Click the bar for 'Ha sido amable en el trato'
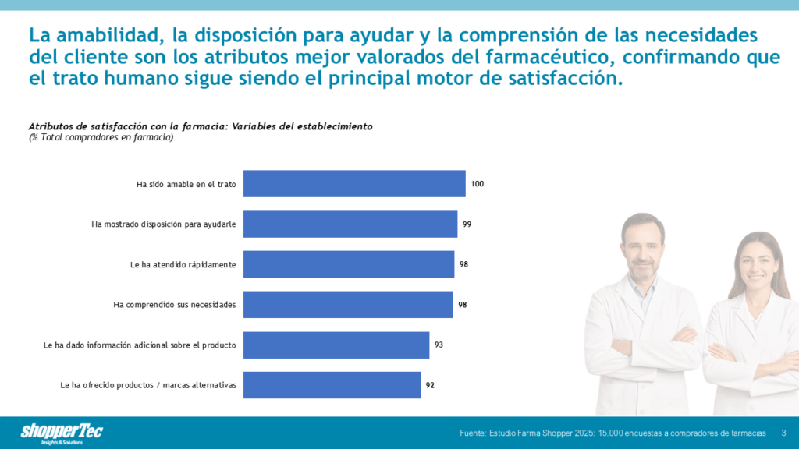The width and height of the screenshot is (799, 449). tap(354, 184)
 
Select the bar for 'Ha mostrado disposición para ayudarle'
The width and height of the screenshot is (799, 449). tap(350, 224)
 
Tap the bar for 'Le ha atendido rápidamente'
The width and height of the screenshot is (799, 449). tap(349, 264)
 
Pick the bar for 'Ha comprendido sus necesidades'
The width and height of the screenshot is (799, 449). tap(348, 304)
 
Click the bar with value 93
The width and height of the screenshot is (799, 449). tap(336, 345)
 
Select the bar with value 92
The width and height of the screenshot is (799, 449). tap(332, 385)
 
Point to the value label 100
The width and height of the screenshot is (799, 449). tap(478, 184)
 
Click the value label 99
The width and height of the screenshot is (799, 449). tap(467, 224)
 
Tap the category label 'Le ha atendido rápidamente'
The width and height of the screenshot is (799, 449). tap(183, 264)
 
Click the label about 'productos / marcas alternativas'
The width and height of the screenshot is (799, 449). tap(148, 385)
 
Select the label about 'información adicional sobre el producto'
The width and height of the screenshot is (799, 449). tap(140, 345)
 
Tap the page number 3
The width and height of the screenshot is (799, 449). tap(783, 433)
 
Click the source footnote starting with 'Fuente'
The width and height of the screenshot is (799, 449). tap(613, 433)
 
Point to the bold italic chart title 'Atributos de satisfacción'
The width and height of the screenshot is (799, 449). tap(201, 126)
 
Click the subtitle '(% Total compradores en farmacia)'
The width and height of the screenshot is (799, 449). tap(101, 137)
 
